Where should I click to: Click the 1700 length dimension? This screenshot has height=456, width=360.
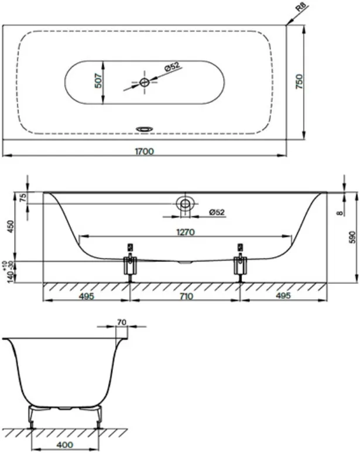click(x=144, y=152)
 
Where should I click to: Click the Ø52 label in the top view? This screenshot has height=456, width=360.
click(x=172, y=67)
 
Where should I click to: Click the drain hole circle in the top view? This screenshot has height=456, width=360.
click(x=145, y=83)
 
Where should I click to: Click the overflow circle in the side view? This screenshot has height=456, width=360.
click(x=185, y=204)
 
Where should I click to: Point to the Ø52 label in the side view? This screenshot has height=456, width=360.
click(x=217, y=212)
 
